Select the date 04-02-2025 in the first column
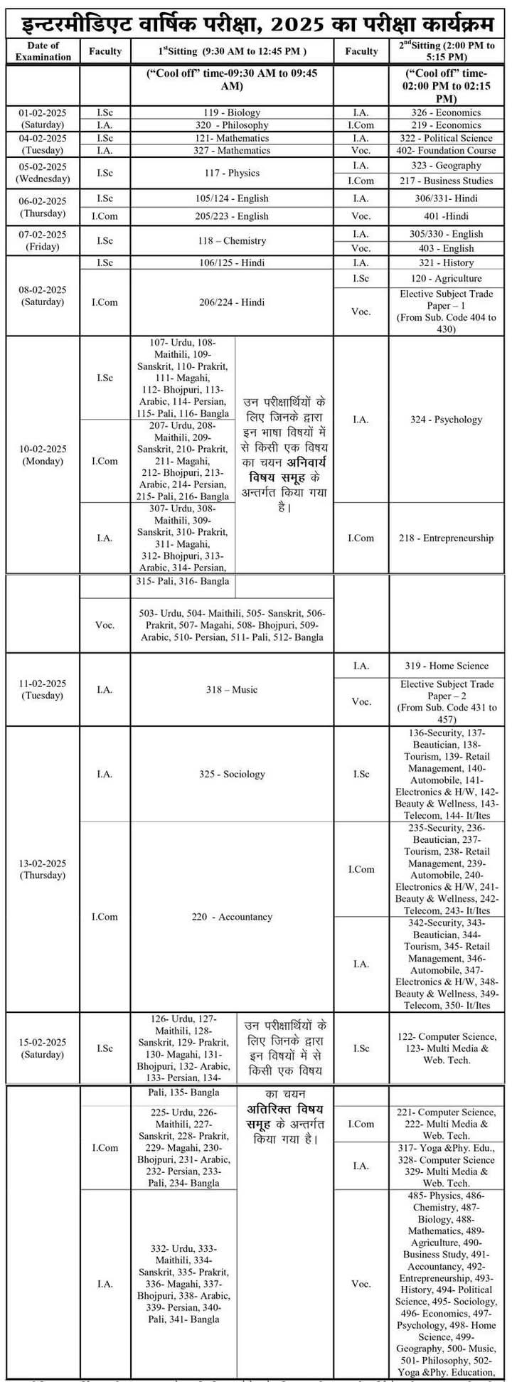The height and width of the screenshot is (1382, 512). coord(43,139)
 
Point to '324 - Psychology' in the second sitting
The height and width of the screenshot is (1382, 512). coord(446,420)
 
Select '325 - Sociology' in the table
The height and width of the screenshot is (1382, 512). coord(232,774)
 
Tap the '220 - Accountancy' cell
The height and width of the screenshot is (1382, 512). coord(232,917)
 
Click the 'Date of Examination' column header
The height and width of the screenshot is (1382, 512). coord(43,51)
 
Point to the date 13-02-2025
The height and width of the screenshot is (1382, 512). coord(43,863)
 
